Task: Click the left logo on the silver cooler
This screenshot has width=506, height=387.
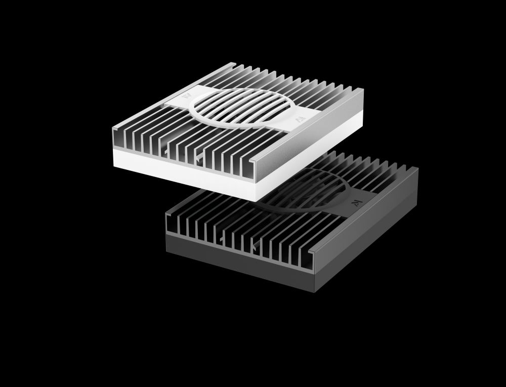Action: [x=186, y=95]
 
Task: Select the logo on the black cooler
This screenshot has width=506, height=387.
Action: [x=356, y=202]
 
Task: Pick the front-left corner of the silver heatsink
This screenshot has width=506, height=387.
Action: [x=113, y=130]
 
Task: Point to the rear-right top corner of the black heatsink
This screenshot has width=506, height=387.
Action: [x=417, y=168]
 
